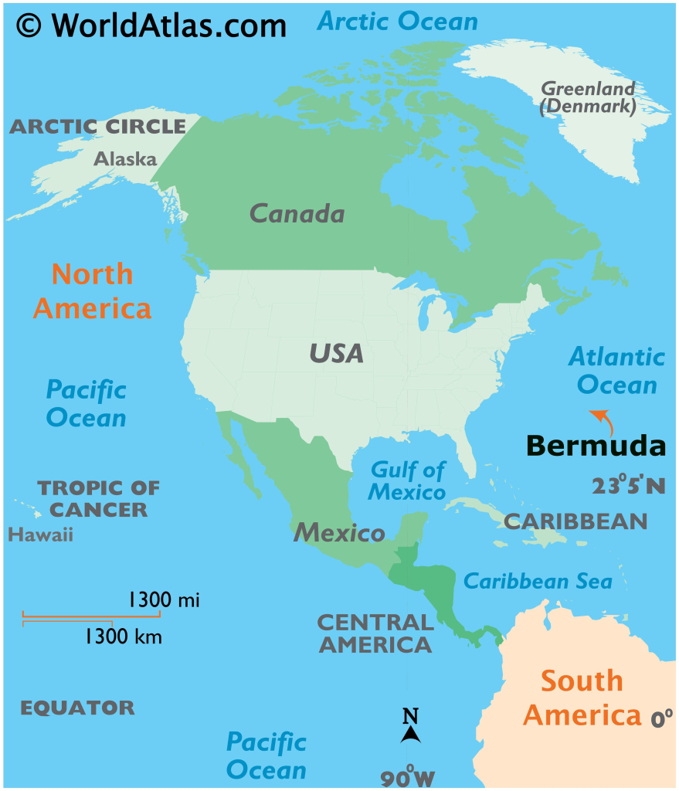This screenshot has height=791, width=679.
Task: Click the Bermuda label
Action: tap(595, 446)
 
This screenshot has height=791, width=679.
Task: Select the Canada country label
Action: tap(297, 213)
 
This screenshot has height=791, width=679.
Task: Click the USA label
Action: tap(336, 354)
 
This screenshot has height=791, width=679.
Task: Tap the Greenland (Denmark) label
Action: tap(588, 97)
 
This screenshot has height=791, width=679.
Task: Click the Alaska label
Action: tap(125, 159)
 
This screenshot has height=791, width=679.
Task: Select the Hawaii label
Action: tap(40, 535)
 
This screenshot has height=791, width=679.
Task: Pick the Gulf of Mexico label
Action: tap(408, 480)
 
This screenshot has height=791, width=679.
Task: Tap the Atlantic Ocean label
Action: tap(616, 371)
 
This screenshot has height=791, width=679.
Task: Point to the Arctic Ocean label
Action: tap(398, 22)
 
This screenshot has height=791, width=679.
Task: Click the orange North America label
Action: tap(92, 291)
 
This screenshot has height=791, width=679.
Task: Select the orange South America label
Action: tap(582, 698)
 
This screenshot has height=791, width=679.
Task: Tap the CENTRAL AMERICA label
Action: tap(375, 633)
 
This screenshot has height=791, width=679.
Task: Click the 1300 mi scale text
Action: tap(164, 599)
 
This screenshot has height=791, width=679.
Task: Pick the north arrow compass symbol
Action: tap(410, 726)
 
